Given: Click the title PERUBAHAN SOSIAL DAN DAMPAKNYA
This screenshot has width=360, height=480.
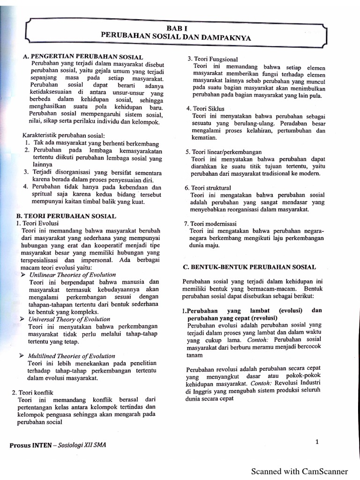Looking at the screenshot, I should click(176, 37).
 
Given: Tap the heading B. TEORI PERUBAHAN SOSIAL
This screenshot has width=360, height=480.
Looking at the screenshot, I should click(66, 216).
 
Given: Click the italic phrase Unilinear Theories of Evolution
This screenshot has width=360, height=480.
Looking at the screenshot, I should click(72, 274).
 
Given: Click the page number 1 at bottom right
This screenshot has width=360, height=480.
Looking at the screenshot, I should click(317, 441).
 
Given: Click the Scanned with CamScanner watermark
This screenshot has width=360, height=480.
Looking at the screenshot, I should click(300, 471).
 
